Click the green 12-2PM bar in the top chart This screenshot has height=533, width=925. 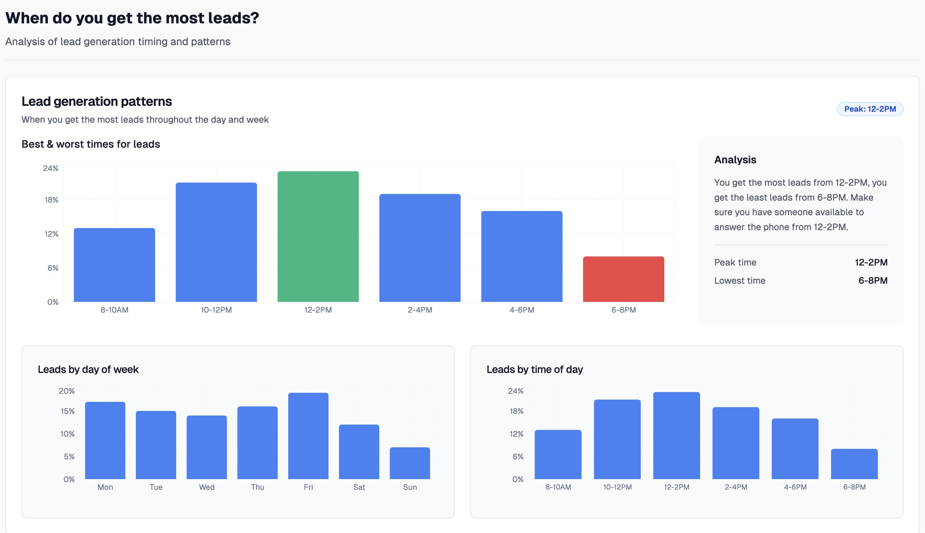pyautogui.click(x=318, y=237)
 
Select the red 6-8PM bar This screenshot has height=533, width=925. pyautogui.click(x=623, y=279)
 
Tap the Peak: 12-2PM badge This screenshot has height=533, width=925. pyautogui.click(x=870, y=109)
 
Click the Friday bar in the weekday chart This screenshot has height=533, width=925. pyautogui.click(x=308, y=436)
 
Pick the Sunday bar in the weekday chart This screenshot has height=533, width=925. pyautogui.click(x=410, y=463)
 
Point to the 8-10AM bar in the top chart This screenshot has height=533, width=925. pyautogui.click(x=114, y=265)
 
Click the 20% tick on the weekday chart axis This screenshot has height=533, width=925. pyautogui.click(x=67, y=391)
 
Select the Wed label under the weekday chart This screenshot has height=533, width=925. pyautogui.click(x=206, y=487)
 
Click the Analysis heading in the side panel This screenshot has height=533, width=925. pyautogui.click(x=735, y=160)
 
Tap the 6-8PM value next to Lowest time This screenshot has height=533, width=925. pyautogui.click(x=873, y=280)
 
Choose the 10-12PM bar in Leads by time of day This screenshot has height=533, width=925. pyautogui.click(x=617, y=439)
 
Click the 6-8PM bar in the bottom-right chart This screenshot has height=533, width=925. pyautogui.click(x=854, y=464)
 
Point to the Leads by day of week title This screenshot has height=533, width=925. pyautogui.click(x=88, y=369)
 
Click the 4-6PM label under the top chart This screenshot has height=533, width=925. pyautogui.click(x=522, y=310)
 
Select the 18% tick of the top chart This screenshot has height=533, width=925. pyautogui.click(x=51, y=200)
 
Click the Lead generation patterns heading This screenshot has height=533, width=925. pyautogui.click(x=97, y=101)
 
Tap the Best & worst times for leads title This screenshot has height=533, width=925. pyautogui.click(x=91, y=144)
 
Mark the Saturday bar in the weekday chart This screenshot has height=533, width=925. pyautogui.click(x=359, y=452)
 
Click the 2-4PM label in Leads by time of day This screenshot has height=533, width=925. pyautogui.click(x=736, y=487)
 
